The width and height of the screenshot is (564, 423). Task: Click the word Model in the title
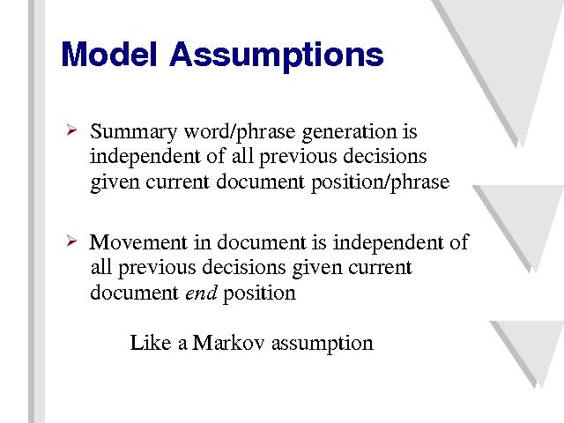(x=109, y=54)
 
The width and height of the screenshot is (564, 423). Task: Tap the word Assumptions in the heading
(x=276, y=56)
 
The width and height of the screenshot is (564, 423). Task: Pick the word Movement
(x=138, y=242)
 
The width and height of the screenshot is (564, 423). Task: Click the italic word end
(x=201, y=293)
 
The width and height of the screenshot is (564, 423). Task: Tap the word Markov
(x=228, y=342)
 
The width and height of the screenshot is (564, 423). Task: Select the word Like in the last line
(x=151, y=342)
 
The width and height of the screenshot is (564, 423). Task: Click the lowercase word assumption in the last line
(x=323, y=344)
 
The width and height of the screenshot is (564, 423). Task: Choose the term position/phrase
(x=380, y=182)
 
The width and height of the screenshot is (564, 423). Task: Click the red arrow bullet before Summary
(x=71, y=130)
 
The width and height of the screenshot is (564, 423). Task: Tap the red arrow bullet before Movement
(x=71, y=241)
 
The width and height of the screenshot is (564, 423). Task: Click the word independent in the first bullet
(x=145, y=157)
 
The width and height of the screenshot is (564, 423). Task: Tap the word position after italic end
(x=259, y=293)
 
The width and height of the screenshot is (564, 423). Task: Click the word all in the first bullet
(x=242, y=157)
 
